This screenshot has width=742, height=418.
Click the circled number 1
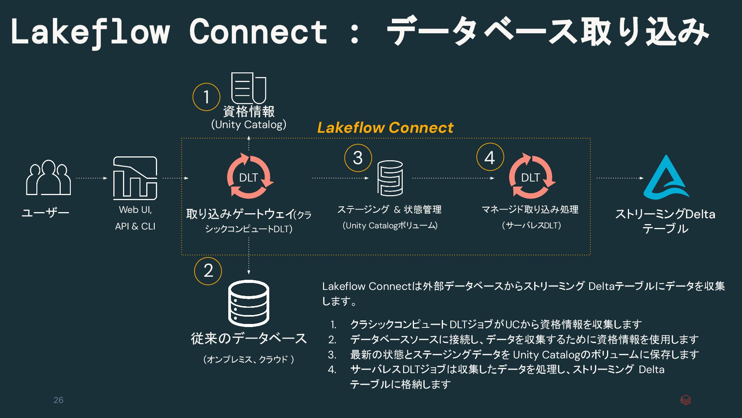[206, 97]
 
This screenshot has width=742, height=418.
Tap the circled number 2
[208, 271]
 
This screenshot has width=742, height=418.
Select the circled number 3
[358, 158]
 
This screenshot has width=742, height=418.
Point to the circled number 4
[490, 157]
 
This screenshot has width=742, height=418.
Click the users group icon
[48, 178]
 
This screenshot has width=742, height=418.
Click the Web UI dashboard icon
[135, 178]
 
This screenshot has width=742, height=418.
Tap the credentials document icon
[248, 88]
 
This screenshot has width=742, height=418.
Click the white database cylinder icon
[248, 303]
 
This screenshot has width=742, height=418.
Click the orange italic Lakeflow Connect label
[385, 128]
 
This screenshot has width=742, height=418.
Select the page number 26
[58, 400]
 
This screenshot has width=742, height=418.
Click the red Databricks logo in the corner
[686, 400]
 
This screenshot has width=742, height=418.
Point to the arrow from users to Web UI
[92, 178]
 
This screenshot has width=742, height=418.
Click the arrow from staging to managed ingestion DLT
[453, 178]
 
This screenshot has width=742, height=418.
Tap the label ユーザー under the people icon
[45, 212]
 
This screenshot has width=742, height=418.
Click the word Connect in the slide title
[258, 32]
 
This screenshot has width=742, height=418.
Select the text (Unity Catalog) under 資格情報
[249, 125]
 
